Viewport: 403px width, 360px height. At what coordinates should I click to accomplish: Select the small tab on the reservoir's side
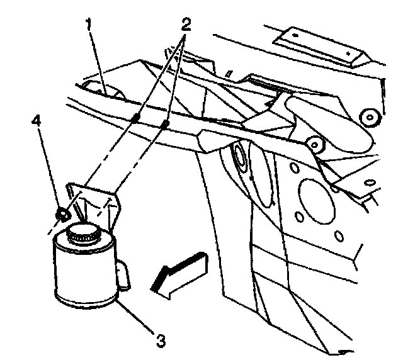click(x=124, y=275)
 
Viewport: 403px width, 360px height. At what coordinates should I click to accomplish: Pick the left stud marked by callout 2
click(x=136, y=118)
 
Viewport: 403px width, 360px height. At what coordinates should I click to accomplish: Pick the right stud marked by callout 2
click(x=164, y=125)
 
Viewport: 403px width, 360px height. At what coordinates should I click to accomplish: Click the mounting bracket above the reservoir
click(x=94, y=201)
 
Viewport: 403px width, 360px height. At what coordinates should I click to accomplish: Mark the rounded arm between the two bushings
click(x=343, y=132)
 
